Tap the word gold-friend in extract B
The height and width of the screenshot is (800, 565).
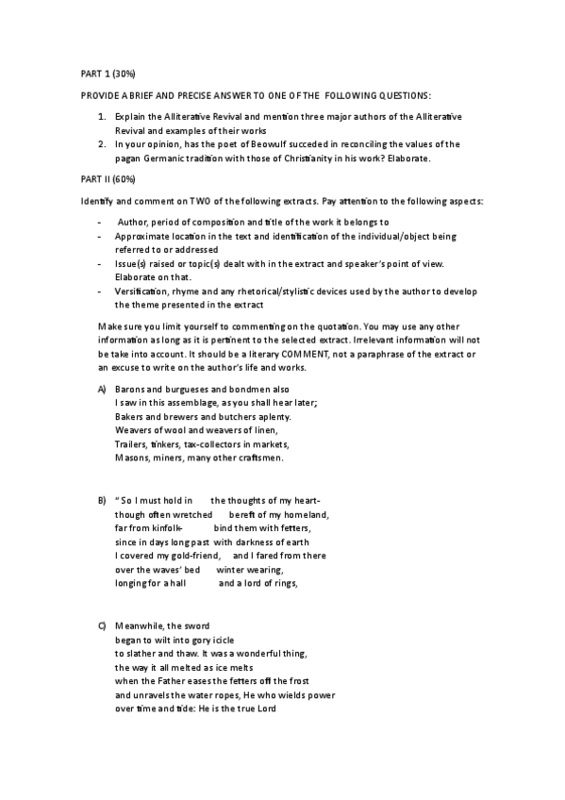(193, 556)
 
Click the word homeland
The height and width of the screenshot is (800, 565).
(302, 514)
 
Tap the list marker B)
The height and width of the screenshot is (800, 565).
(102, 499)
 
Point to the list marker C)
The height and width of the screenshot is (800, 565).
(102, 626)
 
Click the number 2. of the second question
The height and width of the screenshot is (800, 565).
(103, 144)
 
